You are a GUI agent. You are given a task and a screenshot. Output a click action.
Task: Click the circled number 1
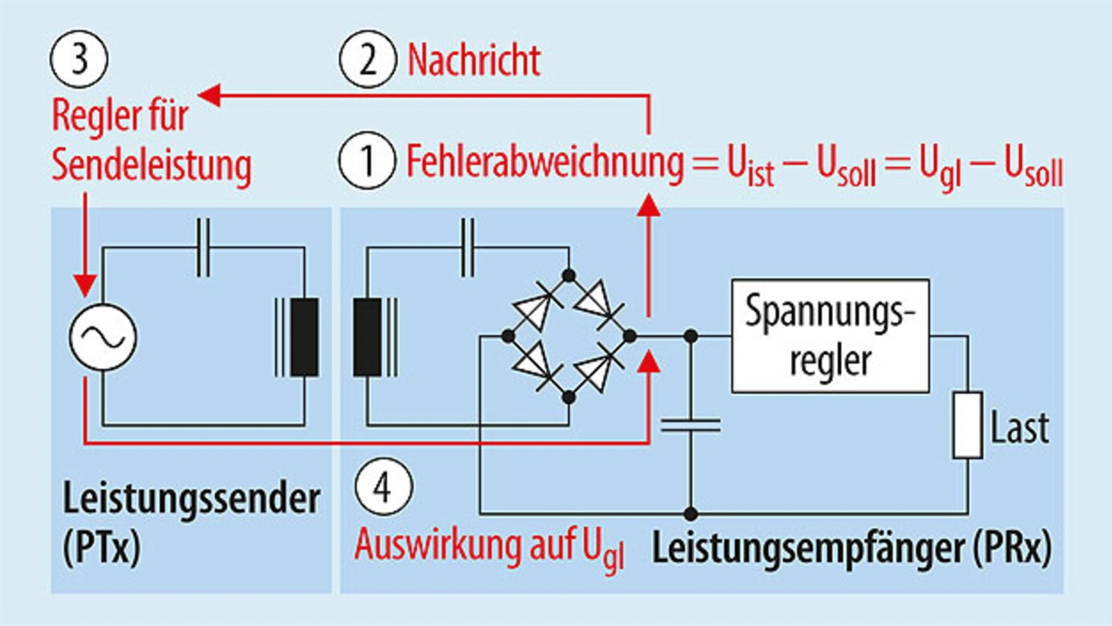point(367,161)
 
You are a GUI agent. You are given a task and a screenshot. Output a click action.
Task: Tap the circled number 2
point(367,62)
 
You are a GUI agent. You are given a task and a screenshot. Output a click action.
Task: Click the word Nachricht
point(473,62)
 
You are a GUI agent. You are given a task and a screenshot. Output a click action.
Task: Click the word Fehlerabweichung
point(545,162)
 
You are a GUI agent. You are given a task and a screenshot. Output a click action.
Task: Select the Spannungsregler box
point(831,335)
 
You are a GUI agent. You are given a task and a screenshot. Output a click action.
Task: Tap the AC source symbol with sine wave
point(103,337)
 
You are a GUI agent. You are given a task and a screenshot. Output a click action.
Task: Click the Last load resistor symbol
point(968,425)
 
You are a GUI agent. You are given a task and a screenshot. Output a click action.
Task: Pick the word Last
point(1020,427)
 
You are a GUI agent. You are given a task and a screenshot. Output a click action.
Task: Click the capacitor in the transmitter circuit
point(203,249)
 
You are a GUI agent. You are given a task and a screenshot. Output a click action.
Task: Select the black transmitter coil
point(304,337)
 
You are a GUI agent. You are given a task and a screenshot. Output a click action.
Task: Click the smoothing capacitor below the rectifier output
point(691,425)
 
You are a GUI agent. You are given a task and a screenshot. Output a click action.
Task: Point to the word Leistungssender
point(191,501)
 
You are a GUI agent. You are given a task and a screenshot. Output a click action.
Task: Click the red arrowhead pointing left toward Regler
point(209,96)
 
